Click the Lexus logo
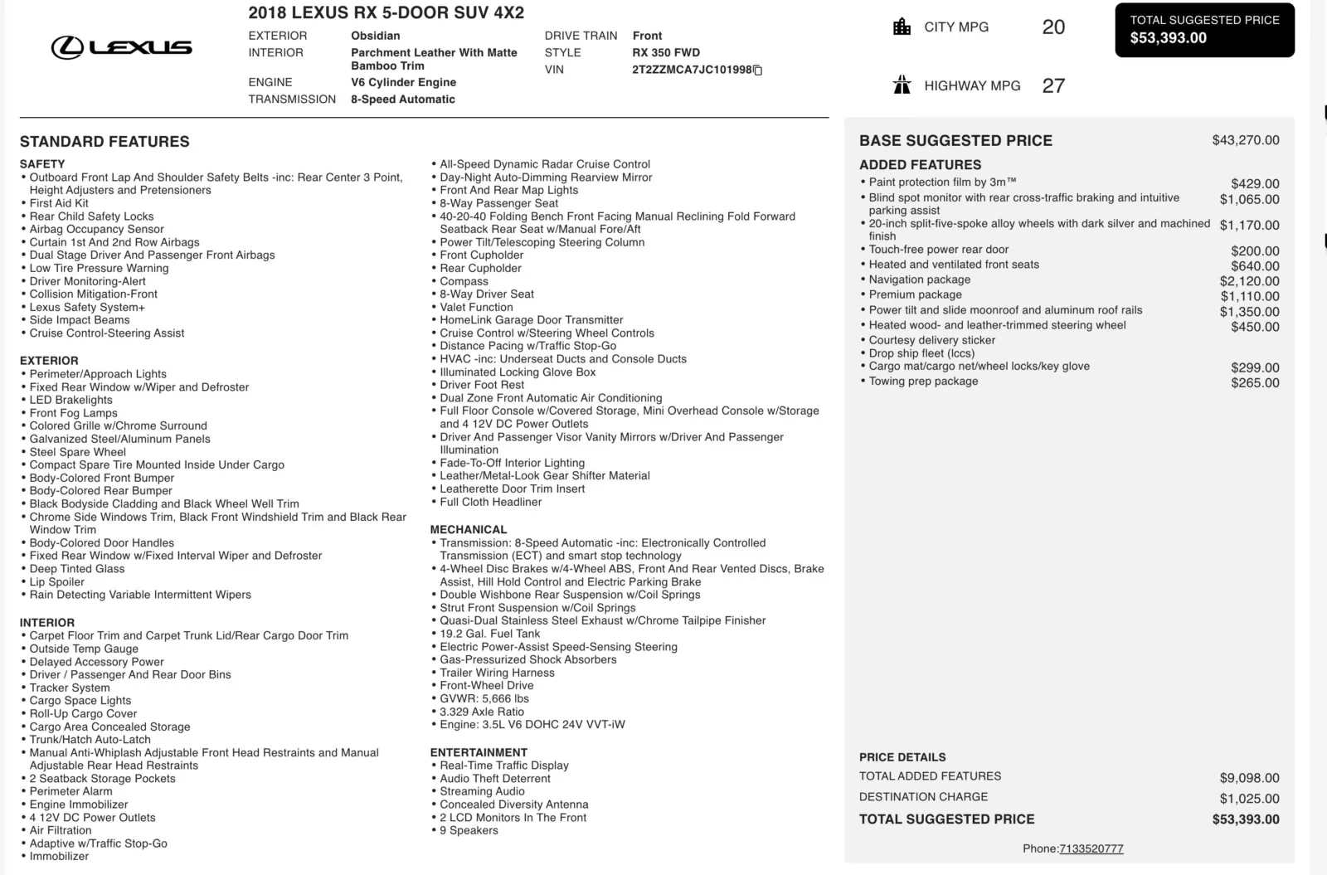122,47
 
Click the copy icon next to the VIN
757,70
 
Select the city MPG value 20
1053,27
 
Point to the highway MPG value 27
1053,85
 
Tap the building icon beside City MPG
902,27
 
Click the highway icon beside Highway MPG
902,85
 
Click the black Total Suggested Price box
1204,30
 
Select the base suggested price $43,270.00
1245,140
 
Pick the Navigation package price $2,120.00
1249,281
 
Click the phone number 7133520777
1091,848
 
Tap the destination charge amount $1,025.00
1249,799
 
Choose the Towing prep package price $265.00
1255,382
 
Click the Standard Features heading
105,142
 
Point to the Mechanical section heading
468,529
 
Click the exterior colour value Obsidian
375,36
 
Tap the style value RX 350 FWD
666,52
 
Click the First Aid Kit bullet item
59,203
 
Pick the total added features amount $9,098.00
1249,778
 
